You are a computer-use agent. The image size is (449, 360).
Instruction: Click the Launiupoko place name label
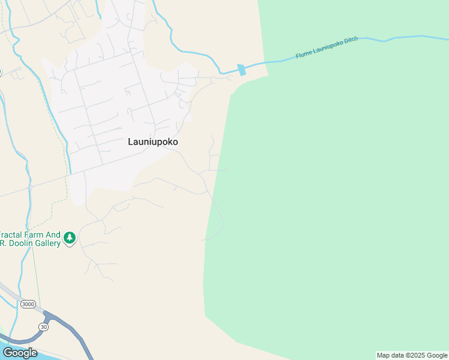point(152,142)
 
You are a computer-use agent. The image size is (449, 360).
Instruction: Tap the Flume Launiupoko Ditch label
point(327,48)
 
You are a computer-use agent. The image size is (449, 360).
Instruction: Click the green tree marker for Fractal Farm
point(70,238)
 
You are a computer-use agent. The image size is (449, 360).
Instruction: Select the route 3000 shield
point(28,304)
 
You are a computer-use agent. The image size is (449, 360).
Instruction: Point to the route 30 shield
point(43,326)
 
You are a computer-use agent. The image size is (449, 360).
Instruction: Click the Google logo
point(20,352)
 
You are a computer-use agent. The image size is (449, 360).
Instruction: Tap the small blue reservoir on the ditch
point(242,70)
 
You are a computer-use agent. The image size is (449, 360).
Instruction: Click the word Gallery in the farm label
point(47,243)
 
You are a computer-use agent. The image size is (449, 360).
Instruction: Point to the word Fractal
point(11,235)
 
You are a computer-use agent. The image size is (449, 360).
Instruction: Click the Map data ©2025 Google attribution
point(412,356)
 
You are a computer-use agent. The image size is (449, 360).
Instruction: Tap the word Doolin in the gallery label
point(20,243)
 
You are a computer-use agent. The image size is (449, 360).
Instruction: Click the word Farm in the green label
point(35,235)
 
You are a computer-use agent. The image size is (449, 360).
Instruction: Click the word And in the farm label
point(53,235)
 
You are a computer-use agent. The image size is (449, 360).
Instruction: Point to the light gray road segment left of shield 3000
point(8,292)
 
